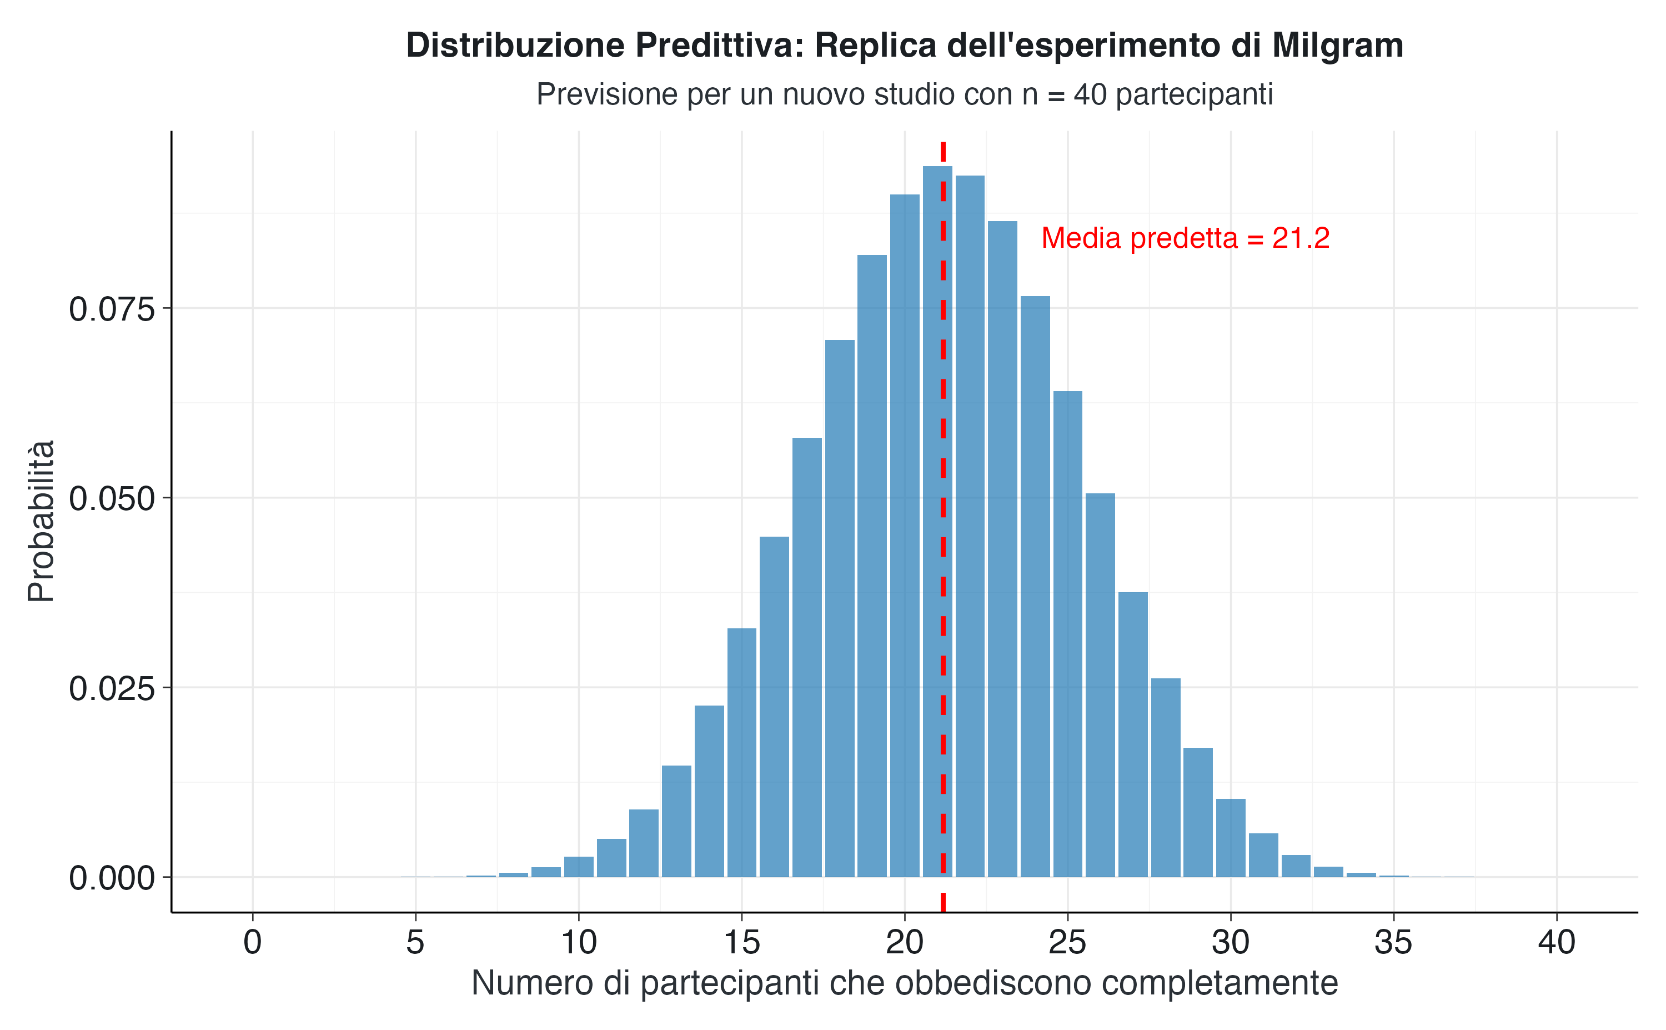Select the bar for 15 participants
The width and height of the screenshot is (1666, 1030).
point(741,752)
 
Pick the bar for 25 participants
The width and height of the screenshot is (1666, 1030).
point(1067,633)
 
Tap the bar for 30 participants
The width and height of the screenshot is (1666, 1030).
point(1230,837)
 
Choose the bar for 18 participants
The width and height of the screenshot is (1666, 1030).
point(840,608)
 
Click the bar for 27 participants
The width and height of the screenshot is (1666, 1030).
point(1133,734)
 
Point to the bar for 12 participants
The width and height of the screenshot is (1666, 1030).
point(644,843)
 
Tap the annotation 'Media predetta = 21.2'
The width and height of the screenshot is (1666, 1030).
point(1185,238)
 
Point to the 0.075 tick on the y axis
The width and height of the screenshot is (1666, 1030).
point(112,310)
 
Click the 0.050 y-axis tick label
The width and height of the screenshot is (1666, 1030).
point(112,499)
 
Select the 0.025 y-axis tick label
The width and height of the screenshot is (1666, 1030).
point(112,689)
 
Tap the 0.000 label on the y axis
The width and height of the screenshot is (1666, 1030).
point(112,879)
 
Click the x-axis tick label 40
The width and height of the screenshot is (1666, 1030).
point(1557,943)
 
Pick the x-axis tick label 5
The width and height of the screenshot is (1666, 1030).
point(415,943)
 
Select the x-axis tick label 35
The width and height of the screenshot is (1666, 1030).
point(1393,943)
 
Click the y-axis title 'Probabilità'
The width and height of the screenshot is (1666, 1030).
point(41,521)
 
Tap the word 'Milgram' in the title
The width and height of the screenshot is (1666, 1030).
point(1337,46)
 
